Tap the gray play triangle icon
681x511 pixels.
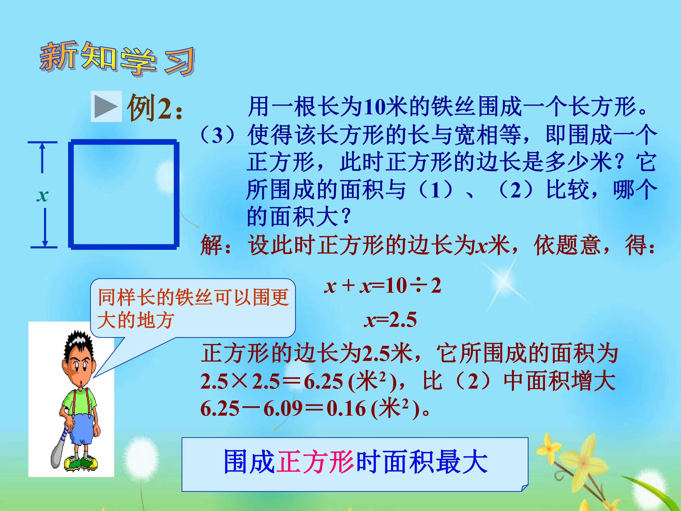pyautogui.click(x=106, y=106)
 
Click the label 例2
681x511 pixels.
pyautogui.click(x=154, y=108)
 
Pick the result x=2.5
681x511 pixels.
pyautogui.click(x=390, y=319)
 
